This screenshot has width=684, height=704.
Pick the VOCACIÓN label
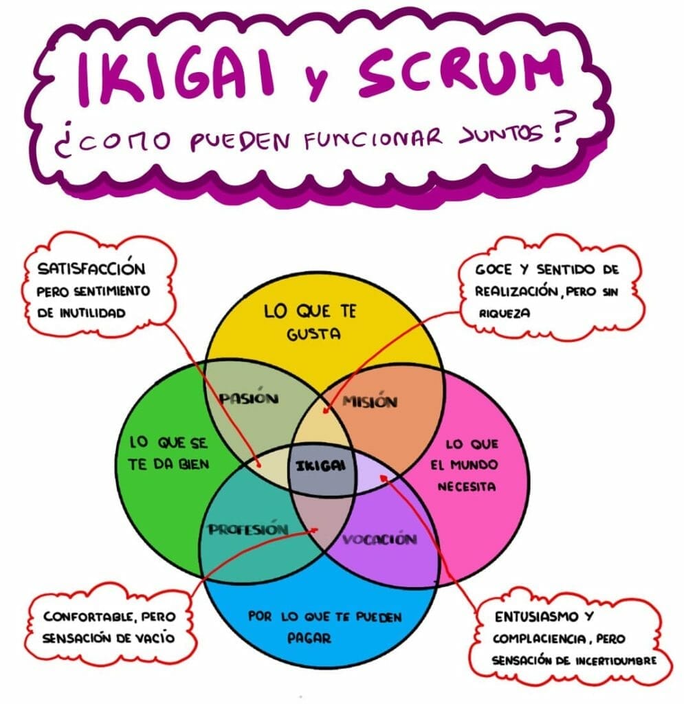379,539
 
